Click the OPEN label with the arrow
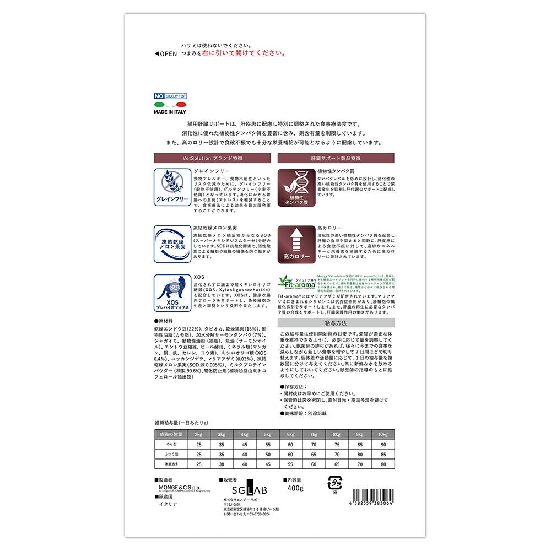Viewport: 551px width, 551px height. [x=166, y=53]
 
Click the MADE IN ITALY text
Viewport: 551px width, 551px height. [x=170, y=112]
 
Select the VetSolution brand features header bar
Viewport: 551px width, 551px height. [x=212, y=158]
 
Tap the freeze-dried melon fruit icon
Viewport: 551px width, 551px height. [x=172, y=243]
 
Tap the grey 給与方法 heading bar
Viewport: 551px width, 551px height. [x=336, y=323]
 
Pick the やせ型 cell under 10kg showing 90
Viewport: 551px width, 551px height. [x=383, y=444]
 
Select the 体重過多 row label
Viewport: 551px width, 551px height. [x=171, y=464]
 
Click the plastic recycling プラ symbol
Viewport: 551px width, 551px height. [x=334, y=483]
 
